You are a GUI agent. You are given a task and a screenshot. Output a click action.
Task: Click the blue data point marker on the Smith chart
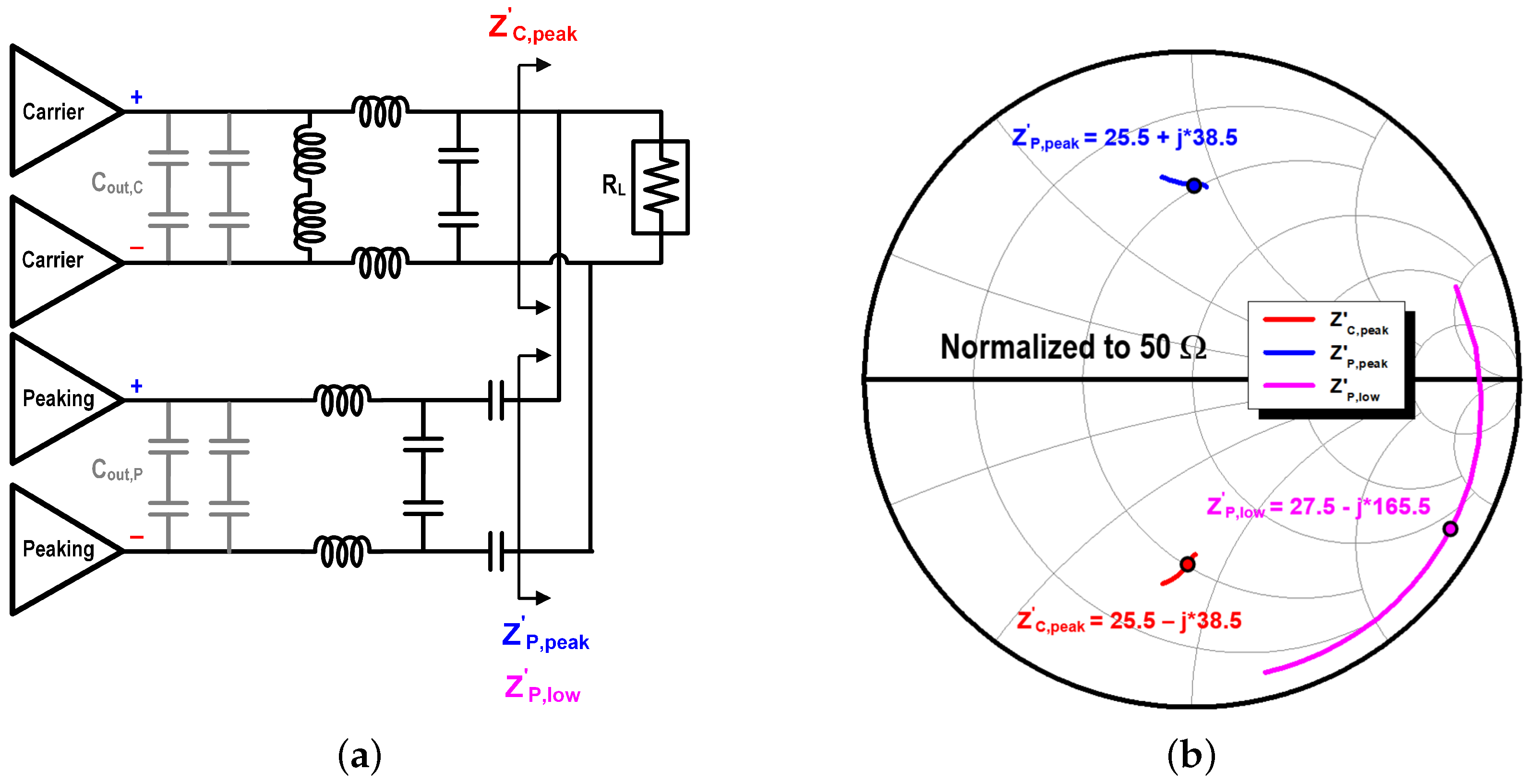point(1194,185)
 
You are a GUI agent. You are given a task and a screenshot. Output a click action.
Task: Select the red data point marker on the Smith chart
point(1187,564)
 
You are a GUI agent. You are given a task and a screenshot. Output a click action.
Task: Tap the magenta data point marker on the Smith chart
point(1450,528)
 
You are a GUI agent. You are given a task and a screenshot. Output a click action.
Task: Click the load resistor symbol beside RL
point(661,187)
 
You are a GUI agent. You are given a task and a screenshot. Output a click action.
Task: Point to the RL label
point(613,185)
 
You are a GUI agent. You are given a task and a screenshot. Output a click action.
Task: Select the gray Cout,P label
point(117,470)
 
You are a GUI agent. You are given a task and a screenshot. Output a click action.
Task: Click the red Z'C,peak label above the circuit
point(532,28)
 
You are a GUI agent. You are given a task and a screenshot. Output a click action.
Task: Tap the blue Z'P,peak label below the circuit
point(545,636)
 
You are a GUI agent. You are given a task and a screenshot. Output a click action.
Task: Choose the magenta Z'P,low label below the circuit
point(542,689)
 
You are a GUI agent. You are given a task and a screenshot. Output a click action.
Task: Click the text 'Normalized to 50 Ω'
point(1073,348)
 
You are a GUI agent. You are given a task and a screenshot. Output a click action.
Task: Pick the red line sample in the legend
point(1289,319)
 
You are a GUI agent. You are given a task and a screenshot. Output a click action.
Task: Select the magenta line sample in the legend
point(1289,386)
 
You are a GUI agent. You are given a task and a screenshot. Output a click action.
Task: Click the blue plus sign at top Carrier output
point(137,96)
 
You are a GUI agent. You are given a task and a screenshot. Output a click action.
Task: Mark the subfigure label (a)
point(359,756)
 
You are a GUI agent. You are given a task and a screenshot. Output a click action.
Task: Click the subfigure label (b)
point(1191,756)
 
